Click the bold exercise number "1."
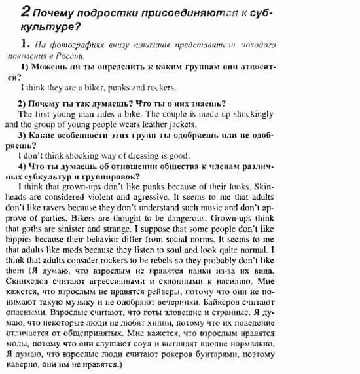(x=24, y=43)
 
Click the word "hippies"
(x=16, y=237)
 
